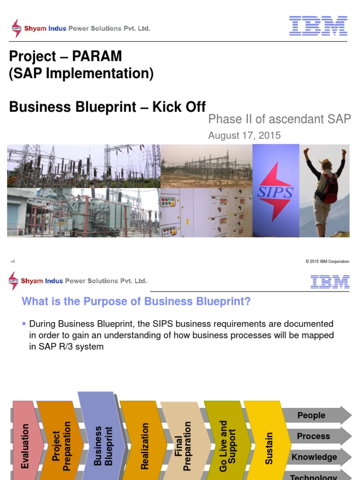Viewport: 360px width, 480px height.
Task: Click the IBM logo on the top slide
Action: point(318,26)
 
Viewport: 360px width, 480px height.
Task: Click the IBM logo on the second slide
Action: point(330,281)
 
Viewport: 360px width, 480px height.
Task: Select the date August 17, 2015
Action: point(244,135)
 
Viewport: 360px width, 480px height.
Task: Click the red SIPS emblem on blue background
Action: point(275,191)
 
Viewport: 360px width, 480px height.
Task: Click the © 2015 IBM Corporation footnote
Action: point(327,262)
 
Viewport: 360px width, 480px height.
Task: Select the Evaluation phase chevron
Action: point(26,441)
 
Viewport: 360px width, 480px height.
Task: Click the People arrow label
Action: point(311,415)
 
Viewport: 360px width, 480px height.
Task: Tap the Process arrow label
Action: point(313,436)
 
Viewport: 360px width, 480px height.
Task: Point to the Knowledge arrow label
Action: point(314,457)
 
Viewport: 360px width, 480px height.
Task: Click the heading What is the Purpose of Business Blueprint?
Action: point(136,301)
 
